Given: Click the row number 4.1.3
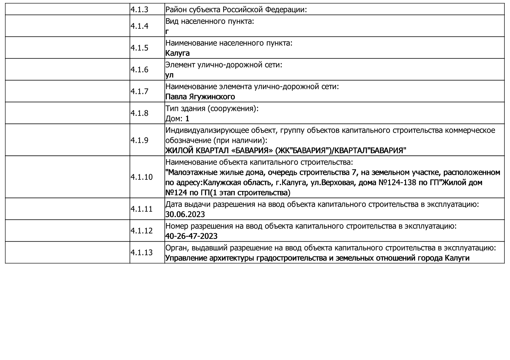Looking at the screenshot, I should tap(139, 10).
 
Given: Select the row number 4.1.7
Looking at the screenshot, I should tap(139, 91).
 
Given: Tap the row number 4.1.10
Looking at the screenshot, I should tap(141, 177).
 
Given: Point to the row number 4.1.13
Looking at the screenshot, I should tap(141, 253).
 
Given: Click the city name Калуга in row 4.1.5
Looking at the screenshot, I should tap(177, 53).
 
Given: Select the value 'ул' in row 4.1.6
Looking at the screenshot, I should tap(169, 75).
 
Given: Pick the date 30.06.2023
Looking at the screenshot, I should tap(185, 214).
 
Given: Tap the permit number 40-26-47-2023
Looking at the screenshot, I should tap(191, 236).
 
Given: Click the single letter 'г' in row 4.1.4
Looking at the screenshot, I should tap(167, 32).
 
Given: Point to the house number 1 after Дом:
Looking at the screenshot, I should tap(187, 118).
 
